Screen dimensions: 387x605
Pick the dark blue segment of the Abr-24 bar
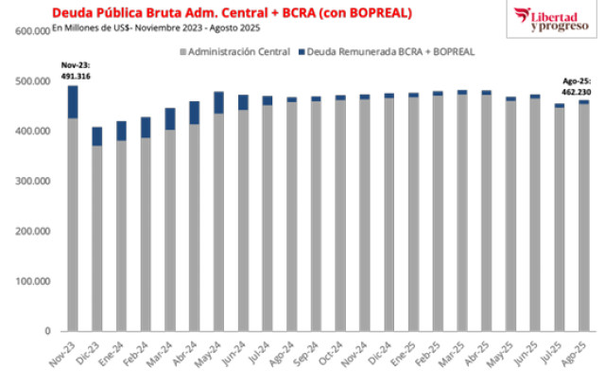click(194, 113)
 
